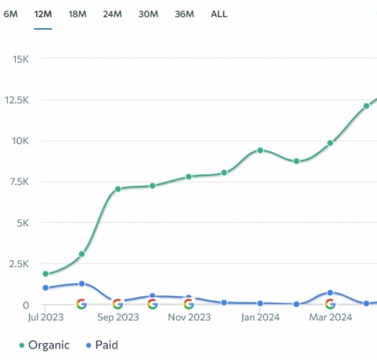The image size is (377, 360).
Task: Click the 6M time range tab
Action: point(11,14)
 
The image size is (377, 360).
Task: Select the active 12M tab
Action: point(42,14)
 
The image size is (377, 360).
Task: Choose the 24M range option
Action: point(112,14)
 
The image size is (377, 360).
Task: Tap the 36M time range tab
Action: point(184,14)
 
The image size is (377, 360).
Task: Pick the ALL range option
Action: point(219,14)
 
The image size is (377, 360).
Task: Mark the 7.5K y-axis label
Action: point(17,181)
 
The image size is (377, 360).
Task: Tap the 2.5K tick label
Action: point(17,264)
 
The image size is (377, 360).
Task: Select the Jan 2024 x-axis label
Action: point(259,317)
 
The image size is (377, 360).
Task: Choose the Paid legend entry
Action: point(101,346)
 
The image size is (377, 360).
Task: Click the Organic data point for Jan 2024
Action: point(260,150)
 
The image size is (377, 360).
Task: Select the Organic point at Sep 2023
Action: point(117,189)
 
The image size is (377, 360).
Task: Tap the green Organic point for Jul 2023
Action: point(46,274)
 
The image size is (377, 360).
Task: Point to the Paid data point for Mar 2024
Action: point(330,292)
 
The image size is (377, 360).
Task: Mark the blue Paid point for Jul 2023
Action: point(46,288)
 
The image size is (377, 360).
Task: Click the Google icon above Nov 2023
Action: point(188,304)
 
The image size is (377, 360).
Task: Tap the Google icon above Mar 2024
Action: point(330,304)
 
